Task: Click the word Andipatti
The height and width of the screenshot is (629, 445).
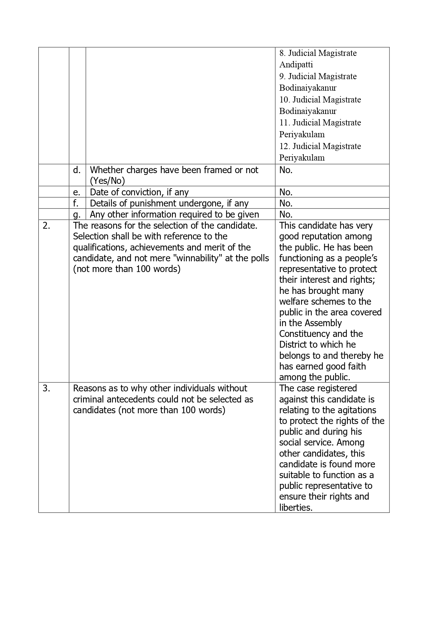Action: [296, 65]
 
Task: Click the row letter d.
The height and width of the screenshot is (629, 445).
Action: [77, 170]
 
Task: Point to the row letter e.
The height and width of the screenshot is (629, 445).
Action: [77, 192]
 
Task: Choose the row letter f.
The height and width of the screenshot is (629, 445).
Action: [76, 203]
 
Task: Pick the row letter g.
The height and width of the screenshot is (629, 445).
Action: [77, 215]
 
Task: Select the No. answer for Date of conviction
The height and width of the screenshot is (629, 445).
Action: [286, 192]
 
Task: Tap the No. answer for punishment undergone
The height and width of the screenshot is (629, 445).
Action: [286, 203]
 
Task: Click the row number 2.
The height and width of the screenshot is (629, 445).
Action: [46, 226]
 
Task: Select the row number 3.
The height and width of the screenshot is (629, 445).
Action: [46, 389]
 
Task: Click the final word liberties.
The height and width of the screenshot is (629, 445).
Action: [295, 508]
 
